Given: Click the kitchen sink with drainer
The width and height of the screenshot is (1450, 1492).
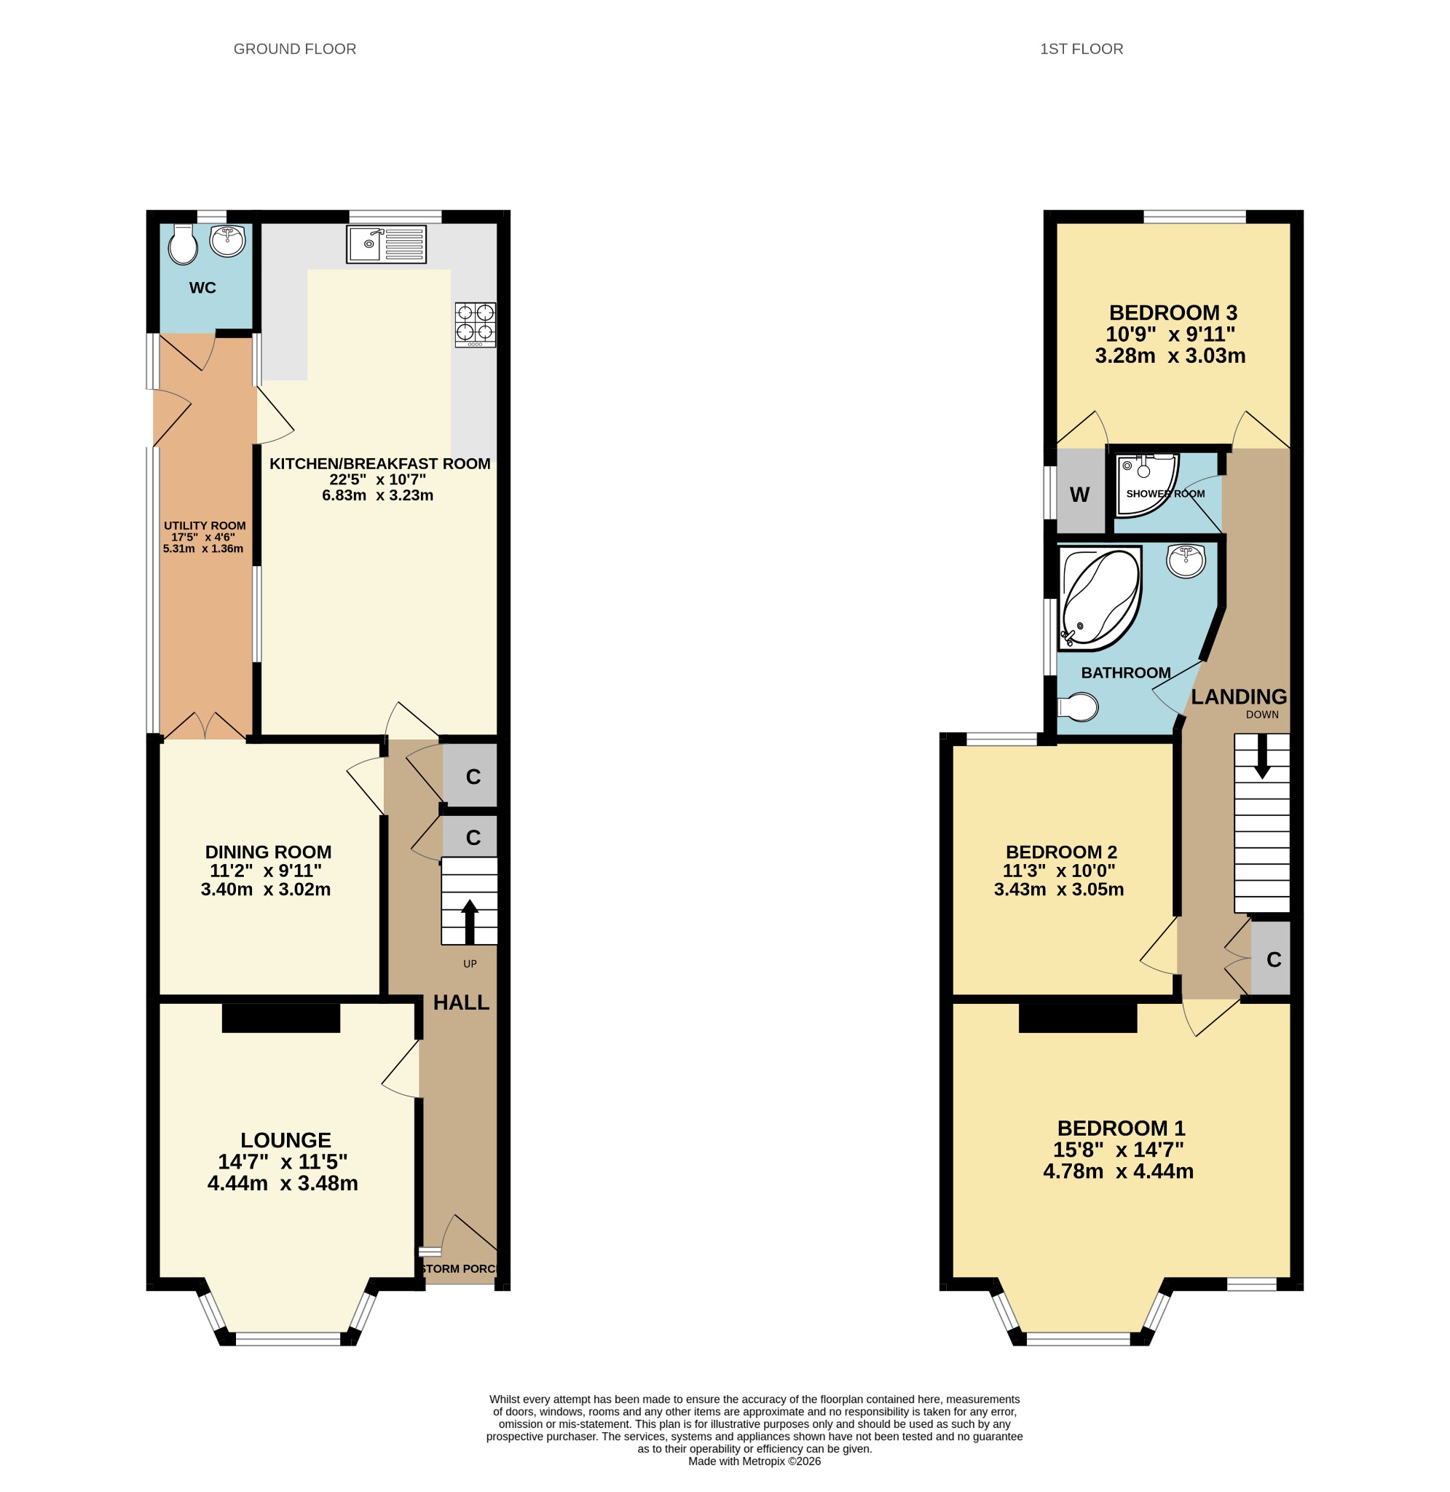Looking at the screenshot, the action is [386, 245].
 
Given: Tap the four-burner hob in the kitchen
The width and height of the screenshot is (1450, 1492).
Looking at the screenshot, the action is [476, 324].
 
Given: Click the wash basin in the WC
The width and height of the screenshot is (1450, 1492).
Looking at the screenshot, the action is [228, 240].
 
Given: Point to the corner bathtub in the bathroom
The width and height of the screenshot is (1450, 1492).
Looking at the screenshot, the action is [1100, 598].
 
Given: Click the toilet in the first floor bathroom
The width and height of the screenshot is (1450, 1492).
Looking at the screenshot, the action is [1078, 707].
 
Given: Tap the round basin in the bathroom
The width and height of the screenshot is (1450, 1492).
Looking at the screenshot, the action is [1186, 561].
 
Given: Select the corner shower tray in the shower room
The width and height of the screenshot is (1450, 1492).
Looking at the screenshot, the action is [1147, 485].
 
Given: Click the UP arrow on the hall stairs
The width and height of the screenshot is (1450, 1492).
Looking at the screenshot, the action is [469, 922].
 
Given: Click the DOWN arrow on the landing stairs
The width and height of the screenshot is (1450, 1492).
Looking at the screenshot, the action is [1262, 755].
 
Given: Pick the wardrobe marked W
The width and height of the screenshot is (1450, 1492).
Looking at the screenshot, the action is [1080, 490].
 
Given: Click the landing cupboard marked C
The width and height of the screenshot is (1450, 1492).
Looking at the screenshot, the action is [1271, 959].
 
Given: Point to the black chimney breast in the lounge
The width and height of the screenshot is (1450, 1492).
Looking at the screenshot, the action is [281, 1018].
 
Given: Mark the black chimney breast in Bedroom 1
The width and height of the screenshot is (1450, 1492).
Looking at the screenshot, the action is [1078, 1018].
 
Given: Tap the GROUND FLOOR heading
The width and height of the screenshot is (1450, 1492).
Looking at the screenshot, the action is [295, 49].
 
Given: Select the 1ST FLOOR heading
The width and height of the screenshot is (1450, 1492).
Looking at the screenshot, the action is [1081, 49].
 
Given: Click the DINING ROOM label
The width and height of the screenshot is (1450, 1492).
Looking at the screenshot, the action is [268, 852].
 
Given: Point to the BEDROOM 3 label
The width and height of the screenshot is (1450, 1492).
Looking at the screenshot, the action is [1173, 313].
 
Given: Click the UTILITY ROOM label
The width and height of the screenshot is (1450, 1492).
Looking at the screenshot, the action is [205, 525].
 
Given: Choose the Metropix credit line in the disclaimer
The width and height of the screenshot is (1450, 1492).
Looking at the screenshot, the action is [754, 1461].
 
